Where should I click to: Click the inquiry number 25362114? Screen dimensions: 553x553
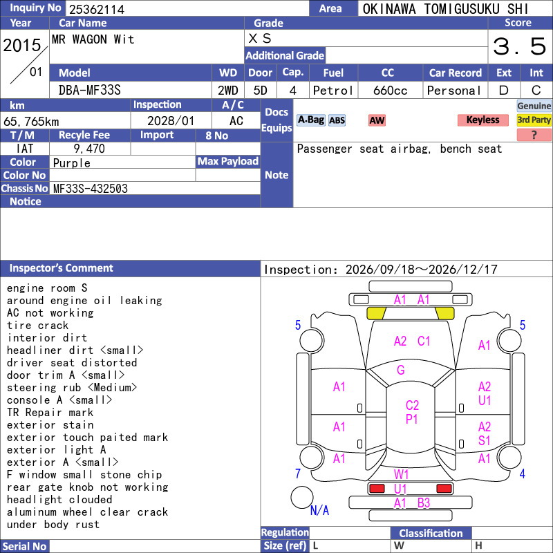click(97, 9)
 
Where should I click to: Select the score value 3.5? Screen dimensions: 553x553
click(520, 46)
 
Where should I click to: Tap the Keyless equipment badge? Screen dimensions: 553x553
click(482, 120)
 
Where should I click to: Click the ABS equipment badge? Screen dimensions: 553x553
click(337, 120)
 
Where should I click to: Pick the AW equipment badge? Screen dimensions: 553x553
click(377, 120)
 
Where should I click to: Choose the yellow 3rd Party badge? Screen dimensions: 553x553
click(534, 120)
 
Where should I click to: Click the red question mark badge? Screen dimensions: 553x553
click(534, 135)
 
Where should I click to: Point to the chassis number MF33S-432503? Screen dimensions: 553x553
click(91, 189)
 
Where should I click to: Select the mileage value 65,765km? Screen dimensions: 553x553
click(31, 122)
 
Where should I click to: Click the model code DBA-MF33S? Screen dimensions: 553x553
click(90, 91)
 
